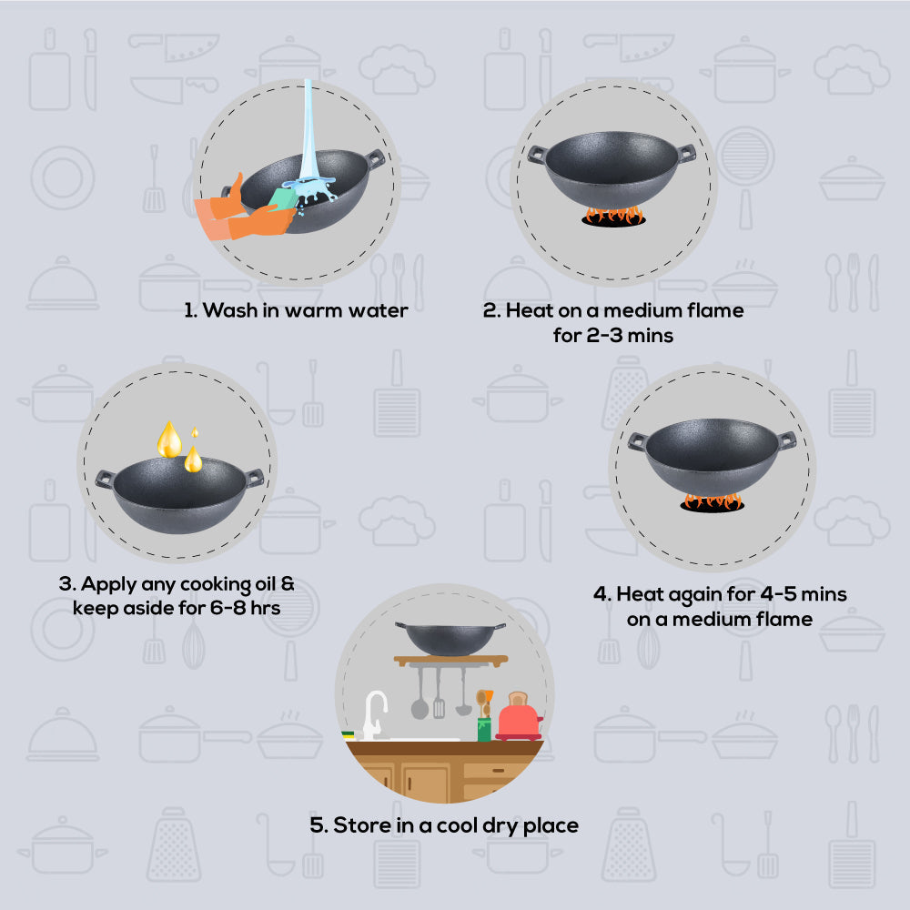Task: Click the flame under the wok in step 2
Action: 613,216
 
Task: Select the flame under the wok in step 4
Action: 712,501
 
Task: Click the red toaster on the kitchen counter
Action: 519,718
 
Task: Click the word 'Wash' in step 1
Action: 229,310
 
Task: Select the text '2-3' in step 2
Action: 601,335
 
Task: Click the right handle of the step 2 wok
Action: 685,153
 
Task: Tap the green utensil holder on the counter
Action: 484,729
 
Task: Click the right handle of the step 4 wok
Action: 786,440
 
